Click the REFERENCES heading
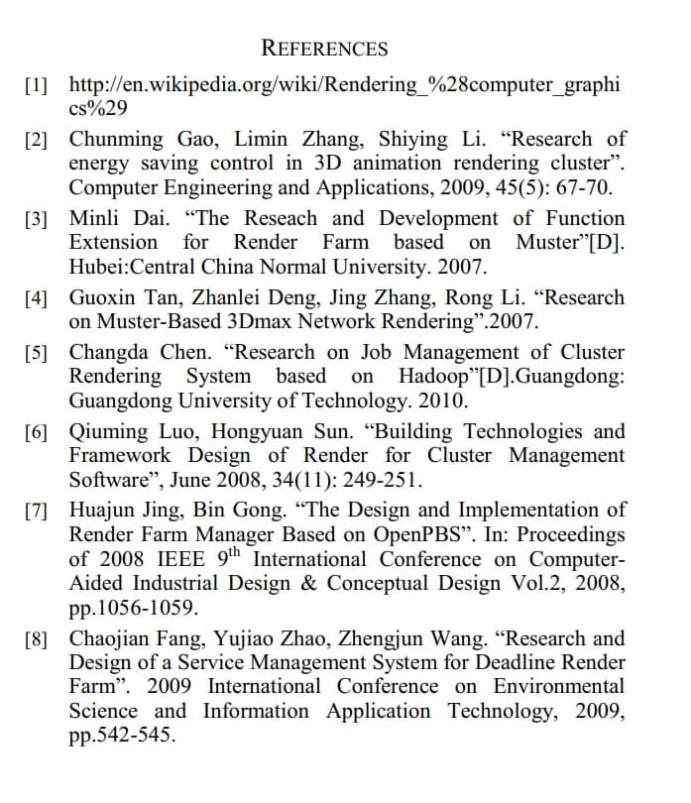324,48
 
